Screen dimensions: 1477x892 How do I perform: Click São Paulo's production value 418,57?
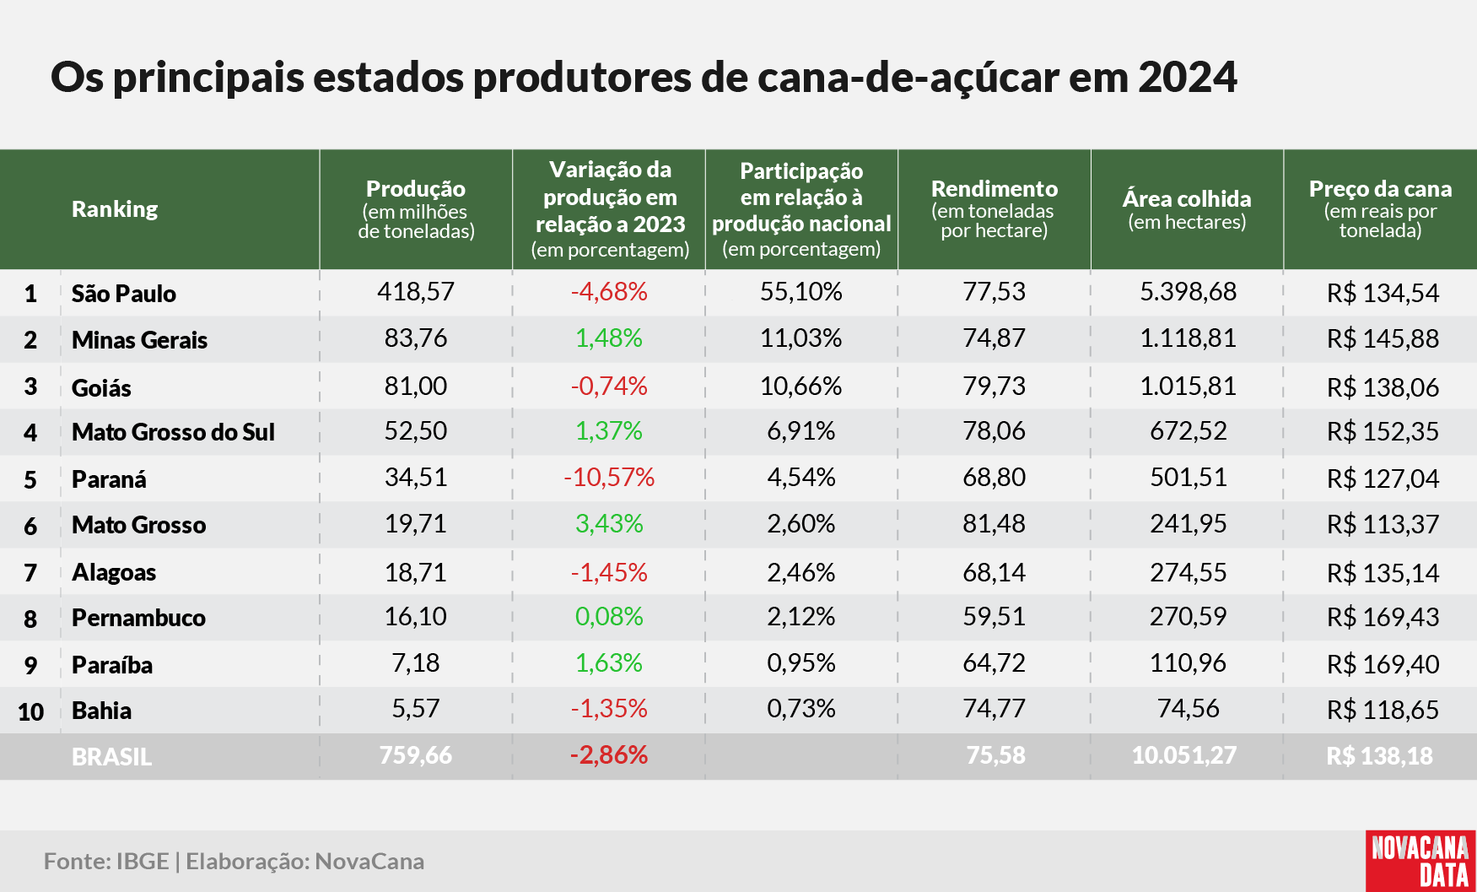pos(415,292)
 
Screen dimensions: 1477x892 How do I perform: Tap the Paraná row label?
pos(109,479)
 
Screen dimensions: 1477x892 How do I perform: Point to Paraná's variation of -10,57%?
pos(609,478)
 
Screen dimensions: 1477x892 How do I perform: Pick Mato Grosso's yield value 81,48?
pos(995,524)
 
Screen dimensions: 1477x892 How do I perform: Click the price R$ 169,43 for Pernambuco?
pos(1383,618)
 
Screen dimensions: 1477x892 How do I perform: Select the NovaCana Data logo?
pos(1420,861)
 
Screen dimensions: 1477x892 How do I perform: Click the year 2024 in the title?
pos(1188,78)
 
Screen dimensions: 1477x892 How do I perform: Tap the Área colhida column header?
pos(1187,209)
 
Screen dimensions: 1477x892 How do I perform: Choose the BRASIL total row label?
pos(112,757)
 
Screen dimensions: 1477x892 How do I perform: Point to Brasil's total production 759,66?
pos(415,755)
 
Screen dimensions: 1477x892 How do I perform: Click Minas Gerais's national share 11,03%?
pos(801,338)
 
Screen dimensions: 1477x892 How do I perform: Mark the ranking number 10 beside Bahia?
pos(30,712)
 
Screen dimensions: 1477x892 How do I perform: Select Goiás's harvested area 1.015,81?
pos(1188,387)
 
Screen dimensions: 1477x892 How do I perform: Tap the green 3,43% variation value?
pos(609,524)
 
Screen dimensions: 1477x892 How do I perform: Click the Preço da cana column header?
pos(1380,209)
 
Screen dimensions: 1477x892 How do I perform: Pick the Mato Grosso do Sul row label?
pos(173,432)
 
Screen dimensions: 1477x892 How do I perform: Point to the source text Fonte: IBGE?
pos(106,862)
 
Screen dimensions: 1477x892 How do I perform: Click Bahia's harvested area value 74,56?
pos(1188,709)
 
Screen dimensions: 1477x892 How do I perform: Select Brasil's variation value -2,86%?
pos(609,755)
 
